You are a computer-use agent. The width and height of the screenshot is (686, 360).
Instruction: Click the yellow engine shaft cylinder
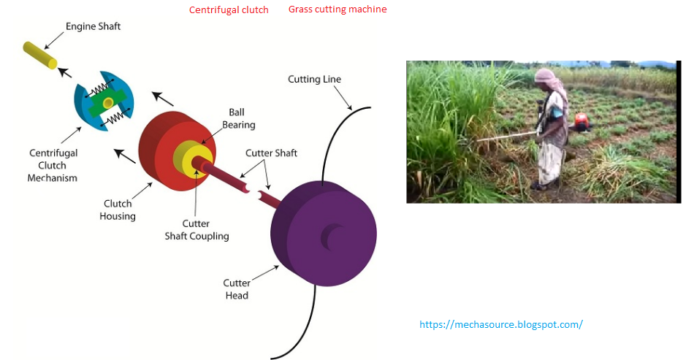[39, 55]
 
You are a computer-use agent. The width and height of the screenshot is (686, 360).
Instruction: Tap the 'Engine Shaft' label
[93, 27]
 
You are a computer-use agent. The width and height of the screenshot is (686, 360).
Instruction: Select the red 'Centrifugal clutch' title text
[229, 10]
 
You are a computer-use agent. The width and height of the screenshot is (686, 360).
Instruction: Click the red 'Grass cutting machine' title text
[338, 9]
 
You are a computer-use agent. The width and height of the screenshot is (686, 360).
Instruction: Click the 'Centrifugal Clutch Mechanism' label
[53, 165]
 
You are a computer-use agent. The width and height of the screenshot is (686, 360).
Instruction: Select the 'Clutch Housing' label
[118, 210]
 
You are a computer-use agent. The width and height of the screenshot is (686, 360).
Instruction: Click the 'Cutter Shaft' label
[271, 153]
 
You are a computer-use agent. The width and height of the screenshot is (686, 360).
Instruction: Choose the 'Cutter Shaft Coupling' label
[206, 230]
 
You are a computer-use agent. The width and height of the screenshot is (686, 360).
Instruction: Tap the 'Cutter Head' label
[237, 289]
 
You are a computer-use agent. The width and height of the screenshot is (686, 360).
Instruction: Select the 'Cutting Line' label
[314, 79]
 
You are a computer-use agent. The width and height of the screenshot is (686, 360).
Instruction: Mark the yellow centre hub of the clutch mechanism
[107, 102]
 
